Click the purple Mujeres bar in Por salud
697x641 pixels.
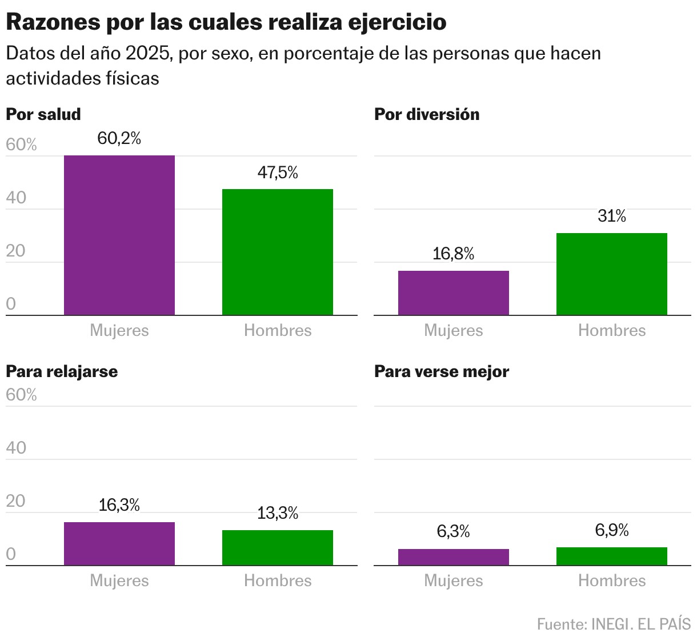(x=119, y=235)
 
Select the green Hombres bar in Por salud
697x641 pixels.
(x=278, y=252)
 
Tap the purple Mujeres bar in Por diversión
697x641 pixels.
(x=454, y=293)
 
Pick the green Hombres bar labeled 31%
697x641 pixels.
(x=612, y=274)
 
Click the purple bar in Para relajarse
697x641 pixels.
(x=119, y=544)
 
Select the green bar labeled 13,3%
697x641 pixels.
(x=278, y=548)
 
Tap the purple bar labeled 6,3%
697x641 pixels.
(x=454, y=558)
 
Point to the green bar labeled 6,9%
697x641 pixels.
(x=612, y=556)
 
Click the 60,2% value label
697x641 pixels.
(x=119, y=138)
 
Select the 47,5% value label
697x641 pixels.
(x=278, y=173)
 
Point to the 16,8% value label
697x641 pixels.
(x=454, y=254)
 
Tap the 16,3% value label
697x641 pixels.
(x=119, y=505)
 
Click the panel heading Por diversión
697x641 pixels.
(x=427, y=114)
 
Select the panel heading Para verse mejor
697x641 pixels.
(x=441, y=371)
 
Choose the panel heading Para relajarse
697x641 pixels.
(x=62, y=371)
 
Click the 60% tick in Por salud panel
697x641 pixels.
(x=21, y=145)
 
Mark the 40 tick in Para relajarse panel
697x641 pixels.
(x=16, y=448)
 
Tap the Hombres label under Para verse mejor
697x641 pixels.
(x=612, y=581)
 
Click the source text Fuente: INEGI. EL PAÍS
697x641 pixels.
(x=614, y=624)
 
